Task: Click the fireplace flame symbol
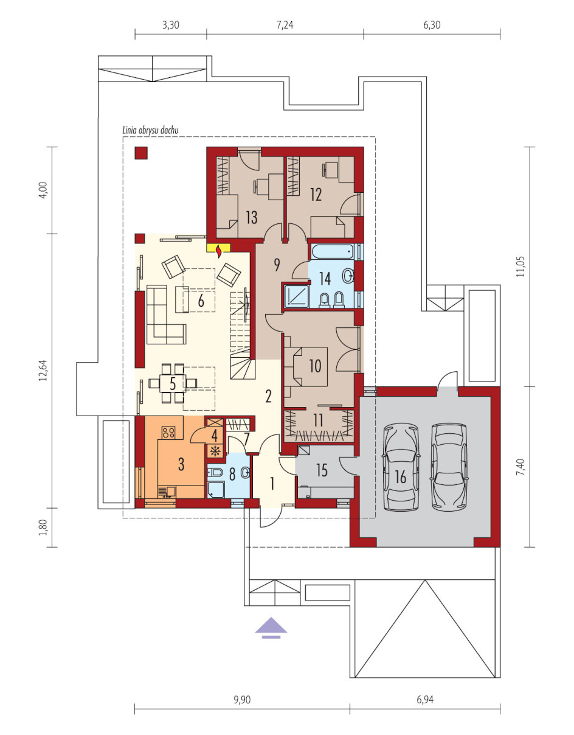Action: [219, 251]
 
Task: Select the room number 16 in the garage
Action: [400, 477]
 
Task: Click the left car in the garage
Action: [401, 467]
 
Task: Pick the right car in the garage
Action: [449, 467]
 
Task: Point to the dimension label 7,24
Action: [285, 25]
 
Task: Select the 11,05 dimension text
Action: [520, 266]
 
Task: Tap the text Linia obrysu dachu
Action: [150, 130]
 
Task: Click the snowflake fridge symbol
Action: [215, 451]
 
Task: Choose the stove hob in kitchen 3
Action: [168, 432]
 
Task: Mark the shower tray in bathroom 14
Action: [297, 296]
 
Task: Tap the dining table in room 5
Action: [173, 383]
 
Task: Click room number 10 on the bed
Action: [315, 366]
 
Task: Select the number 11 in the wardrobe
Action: [317, 420]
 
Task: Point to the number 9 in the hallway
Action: [277, 265]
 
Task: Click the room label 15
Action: [322, 470]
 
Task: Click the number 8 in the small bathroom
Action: [232, 474]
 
